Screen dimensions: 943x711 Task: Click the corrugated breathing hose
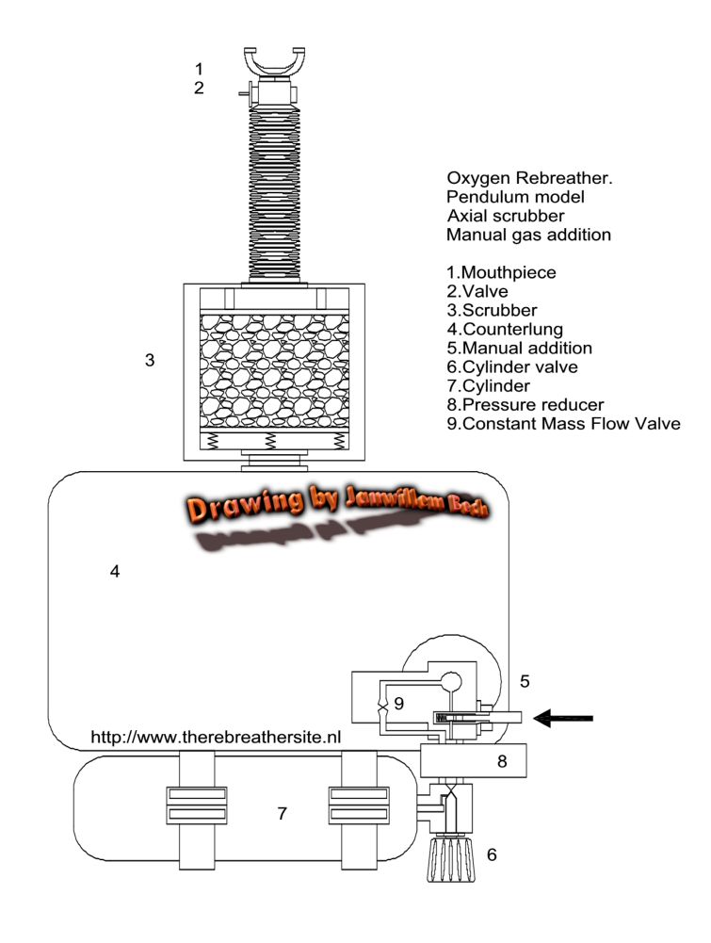click(x=275, y=188)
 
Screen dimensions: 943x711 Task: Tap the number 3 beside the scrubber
click(x=149, y=359)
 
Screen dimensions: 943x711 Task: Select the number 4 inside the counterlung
click(x=115, y=571)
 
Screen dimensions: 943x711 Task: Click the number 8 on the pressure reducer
click(x=502, y=760)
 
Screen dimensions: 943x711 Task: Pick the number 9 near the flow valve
click(x=398, y=703)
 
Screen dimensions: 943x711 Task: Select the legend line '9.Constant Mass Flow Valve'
click(x=563, y=423)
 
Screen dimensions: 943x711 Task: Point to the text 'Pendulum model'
click(x=515, y=196)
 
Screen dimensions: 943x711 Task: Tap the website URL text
click(x=215, y=737)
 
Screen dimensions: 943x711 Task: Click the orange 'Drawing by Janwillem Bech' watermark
click(x=336, y=505)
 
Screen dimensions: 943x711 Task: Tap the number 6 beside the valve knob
click(x=490, y=855)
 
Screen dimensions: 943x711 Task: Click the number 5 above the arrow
click(x=525, y=679)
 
